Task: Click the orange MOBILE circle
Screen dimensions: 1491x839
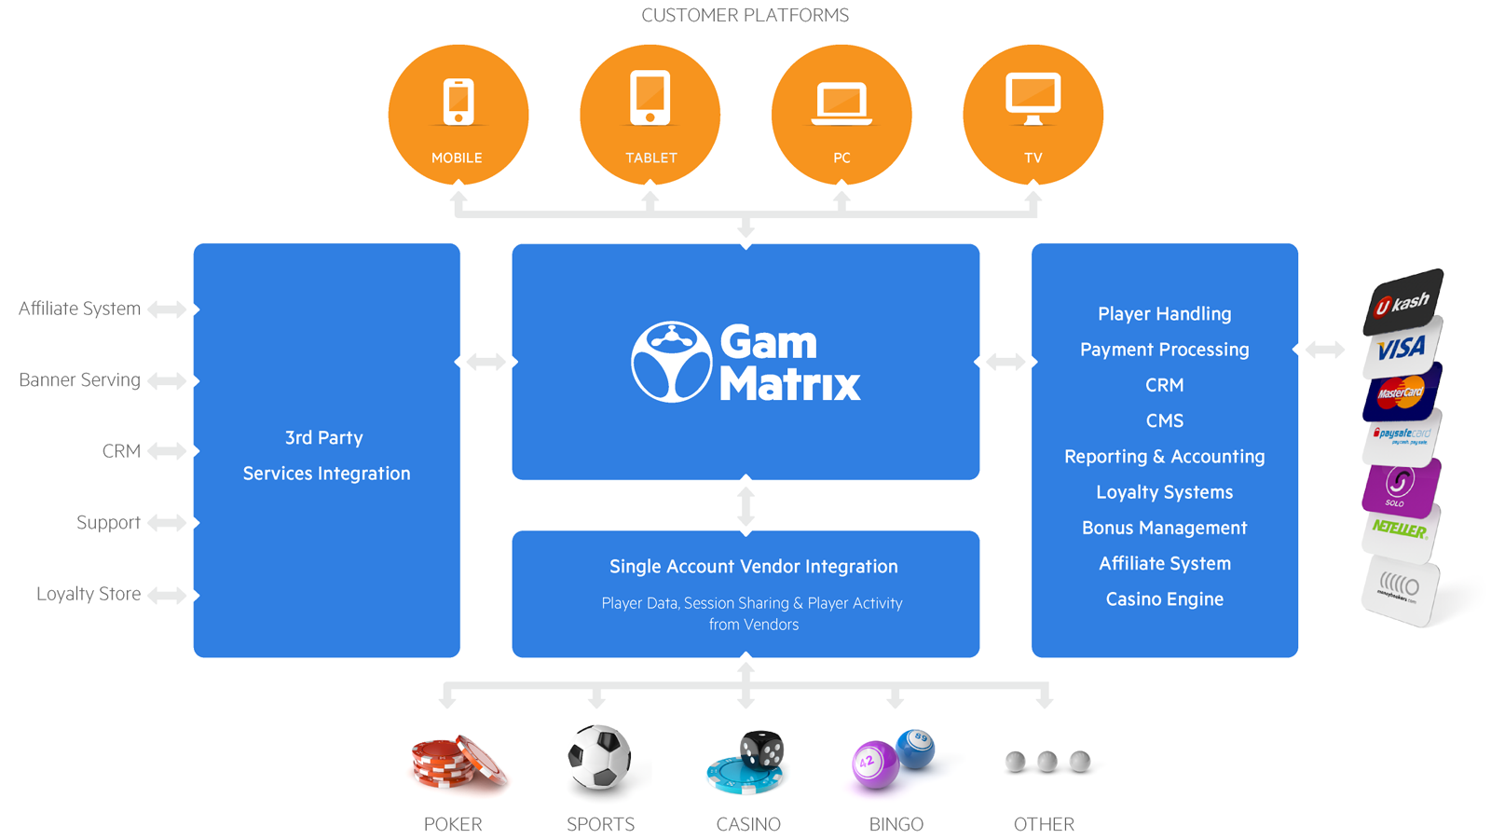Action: coord(458,115)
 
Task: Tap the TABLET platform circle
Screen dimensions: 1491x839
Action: coord(650,115)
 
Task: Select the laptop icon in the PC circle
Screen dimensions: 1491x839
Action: coord(841,103)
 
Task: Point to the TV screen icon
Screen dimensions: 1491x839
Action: coord(1033,99)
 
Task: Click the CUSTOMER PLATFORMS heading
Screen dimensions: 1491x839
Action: coord(745,15)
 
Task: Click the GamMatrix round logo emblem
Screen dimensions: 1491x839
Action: coord(671,362)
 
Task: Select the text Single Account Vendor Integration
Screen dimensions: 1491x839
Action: coord(754,567)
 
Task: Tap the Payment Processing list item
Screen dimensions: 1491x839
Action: coord(1164,350)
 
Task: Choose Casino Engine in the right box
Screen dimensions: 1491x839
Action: coord(1164,599)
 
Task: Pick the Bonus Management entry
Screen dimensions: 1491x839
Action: coord(1164,528)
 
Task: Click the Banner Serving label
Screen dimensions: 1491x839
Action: coord(80,379)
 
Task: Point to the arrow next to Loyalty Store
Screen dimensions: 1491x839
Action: coord(167,595)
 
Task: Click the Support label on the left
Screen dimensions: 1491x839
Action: coord(108,522)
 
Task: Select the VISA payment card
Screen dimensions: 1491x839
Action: coord(1402,348)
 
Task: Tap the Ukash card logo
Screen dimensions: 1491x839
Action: coord(1402,303)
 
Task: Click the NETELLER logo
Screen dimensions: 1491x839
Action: coord(1399,530)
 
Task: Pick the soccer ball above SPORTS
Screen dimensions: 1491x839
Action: coord(599,756)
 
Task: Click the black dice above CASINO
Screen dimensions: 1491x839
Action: coord(761,750)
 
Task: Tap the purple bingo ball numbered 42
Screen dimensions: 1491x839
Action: coord(875,764)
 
